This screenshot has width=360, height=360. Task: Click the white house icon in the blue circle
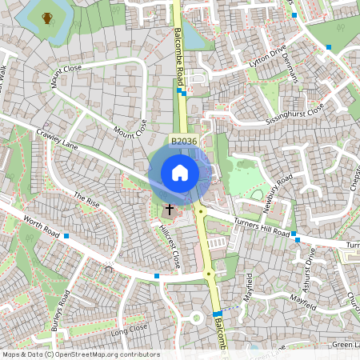[x=180, y=172]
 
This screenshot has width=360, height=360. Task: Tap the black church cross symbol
[x=169, y=210]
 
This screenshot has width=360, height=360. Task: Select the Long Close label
[x=130, y=329]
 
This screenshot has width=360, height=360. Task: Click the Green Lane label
[x=346, y=344]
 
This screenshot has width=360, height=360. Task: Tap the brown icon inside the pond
[x=47, y=18]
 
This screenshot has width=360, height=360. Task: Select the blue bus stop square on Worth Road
[x=66, y=236]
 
